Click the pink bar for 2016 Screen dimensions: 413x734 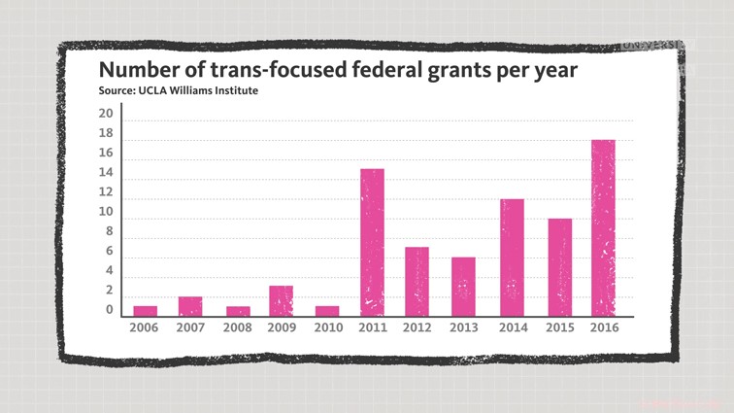click(x=603, y=228)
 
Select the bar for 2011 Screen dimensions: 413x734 click(x=372, y=243)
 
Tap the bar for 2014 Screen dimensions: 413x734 click(x=512, y=258)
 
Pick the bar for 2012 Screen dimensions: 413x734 click(x=417, y=282)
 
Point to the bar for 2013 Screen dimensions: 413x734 click(x=463, y=287)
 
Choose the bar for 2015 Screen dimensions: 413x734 click(x=558, y=267)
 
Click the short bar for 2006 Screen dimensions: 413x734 click(x=145, y=311)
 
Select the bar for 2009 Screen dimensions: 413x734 click(x=281, y=301)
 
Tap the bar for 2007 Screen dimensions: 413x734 click(x=190, y=306)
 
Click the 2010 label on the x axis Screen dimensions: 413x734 click(x=327, y=328)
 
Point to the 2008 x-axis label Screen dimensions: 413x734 click(x=236, y=328)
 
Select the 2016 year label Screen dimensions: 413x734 click(x=604, y=328)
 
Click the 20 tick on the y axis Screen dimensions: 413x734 click(x=106, y=114)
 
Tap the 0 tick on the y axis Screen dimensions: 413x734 click(x=109, y=311)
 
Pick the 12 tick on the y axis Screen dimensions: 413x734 click(x=106, y=212)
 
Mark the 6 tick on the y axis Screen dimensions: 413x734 click(x=109, y=252)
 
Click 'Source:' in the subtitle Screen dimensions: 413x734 click(x=117, y=91)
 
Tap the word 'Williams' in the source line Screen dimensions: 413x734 click(x=197, y=91)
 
